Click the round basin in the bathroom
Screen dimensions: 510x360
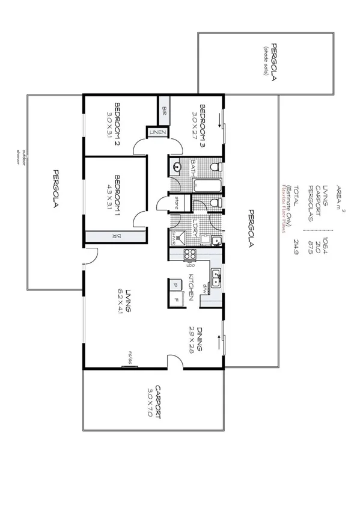click(x=177, y=167)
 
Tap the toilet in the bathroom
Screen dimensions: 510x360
click(x=217, y=167)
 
